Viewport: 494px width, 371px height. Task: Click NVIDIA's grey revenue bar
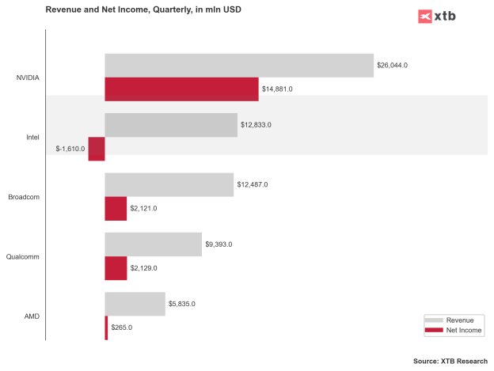coord(238,65)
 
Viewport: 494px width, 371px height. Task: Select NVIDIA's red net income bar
coord(181,89)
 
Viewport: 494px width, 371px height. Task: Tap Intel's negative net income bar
coord(97,149)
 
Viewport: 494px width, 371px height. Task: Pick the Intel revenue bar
coord(171,125)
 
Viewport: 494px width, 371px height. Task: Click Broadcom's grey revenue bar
coord(169,184)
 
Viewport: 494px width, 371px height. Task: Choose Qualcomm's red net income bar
coord(116,268)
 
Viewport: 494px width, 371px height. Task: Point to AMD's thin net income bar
coord(106,327)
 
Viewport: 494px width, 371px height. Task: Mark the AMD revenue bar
coord(135,304)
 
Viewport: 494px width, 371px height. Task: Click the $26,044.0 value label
coord(393,65)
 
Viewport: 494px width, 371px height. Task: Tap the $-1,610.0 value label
coord(70,149)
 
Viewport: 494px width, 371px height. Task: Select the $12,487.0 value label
coord(253,184)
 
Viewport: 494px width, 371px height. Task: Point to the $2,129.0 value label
coord(143,268)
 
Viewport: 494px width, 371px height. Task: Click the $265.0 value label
coord(121,327)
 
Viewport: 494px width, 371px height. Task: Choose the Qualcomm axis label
coord(23,256)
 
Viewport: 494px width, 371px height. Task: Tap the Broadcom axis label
coord(24,197)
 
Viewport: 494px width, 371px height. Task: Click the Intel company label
coord(32,137)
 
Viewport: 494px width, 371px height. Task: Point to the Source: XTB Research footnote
coord(450,361)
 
